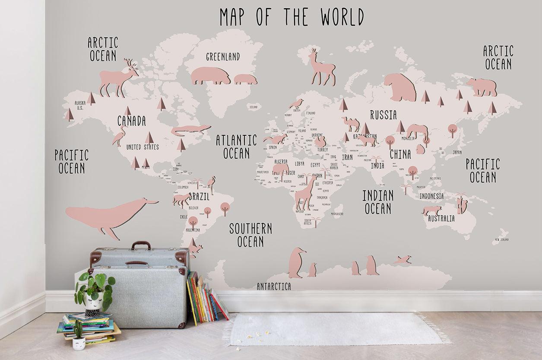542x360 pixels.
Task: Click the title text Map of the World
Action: (x=292, y=17)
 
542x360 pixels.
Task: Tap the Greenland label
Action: (x=222, y=57)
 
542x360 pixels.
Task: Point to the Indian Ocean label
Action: (x=378, y=202)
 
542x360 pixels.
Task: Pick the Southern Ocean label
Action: (x=250, y=235)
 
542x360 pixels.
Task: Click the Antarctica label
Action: (x=274, y=287)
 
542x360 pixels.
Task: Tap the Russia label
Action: (x=383, y=115)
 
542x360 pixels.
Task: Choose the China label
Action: (x=400, y=154)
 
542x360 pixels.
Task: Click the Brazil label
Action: (x=199, y=197)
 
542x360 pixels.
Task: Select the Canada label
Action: (x=132, y=121)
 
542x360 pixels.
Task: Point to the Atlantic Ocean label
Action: (x=236, y=147)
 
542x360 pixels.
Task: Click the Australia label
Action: (x=441, y=219)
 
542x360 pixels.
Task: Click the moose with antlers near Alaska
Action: (x=118, y=78)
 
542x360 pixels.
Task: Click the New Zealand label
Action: (x=502, y=239)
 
